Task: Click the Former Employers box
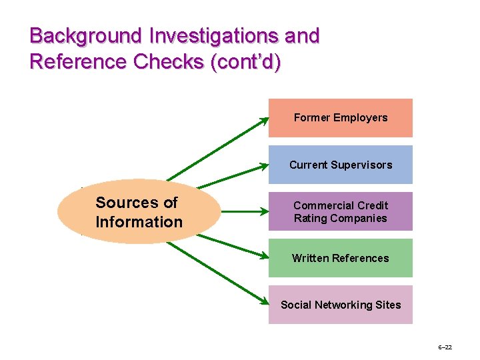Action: click(x=340, y=118)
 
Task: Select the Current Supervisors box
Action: click(x=340, y=165)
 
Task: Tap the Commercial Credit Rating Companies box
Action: click(x=340, y=211)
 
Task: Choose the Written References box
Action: click(x=340, y=258)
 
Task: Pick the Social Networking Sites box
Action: click(x=340, y=305)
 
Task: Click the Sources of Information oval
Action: click(x=139, y=212)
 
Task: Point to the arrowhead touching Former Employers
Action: click(x=264, y=119)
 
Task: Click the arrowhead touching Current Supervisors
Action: click(x=264, y=167)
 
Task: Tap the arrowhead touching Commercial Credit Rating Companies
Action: click(x=264, y=212)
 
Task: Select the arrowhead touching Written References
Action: click(x=264, y=257)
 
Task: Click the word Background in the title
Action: click(x=77, y=35)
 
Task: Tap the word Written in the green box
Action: click(x=311, y=258)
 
